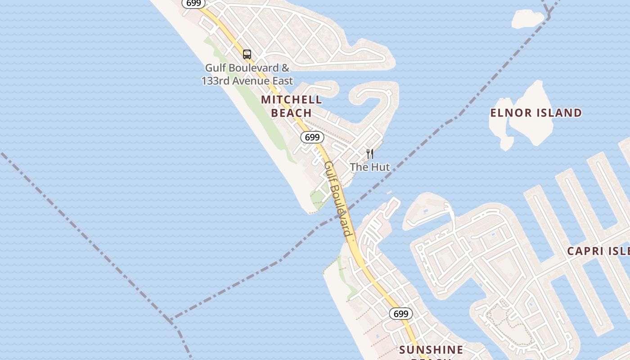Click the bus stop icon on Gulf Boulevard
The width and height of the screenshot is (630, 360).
pyautogui.click(x=247, y=54)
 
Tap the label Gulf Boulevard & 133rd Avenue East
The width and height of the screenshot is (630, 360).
pyautogui.click(x=247, y=74)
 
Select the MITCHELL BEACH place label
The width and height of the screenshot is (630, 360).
pyautogui.click(x=292, y=106)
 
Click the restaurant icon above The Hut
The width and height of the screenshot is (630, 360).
pyautogui.click(x=370, y=154)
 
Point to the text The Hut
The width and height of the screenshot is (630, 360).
pyautogui.click(x=370, y=167)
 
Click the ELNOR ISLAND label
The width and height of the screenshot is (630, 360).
pyautogui.click(x=536, y=112)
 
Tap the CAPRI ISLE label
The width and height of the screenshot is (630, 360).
pyautogui.click(x=598, y=251)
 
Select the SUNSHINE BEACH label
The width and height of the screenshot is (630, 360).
pyautogui.click(x=431, y=350)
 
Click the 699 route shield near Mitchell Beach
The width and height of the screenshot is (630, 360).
pyautogui.click(x=312, y=137)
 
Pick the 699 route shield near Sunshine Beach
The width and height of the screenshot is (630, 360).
pyautogui.click(x=400, y=314)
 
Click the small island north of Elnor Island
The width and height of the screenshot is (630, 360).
pyautogui.click(x=528, y=18)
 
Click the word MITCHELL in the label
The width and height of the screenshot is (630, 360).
pyautogui.click(x=292, y=99)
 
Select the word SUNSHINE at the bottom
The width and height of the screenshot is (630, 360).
pyautogui.click(x=431, y=350)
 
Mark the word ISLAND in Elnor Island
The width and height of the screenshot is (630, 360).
pyautogui.click(x=561, y=112)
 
